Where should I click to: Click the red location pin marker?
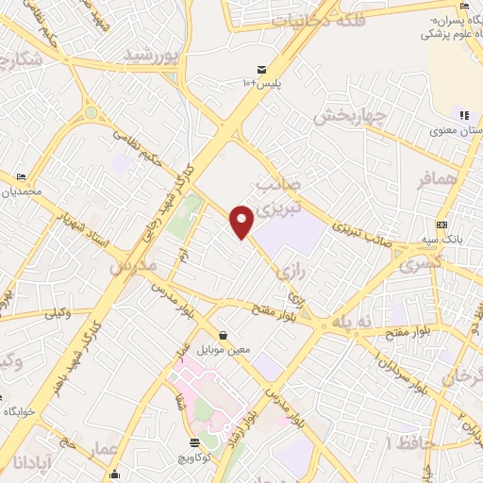[x=241, y=221]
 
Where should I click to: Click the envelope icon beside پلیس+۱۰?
[x=261, y=71]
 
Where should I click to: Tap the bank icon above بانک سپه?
[x=441, y=225]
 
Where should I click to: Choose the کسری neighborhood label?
[x=420, y=265]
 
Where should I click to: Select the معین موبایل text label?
[x=224, y=349]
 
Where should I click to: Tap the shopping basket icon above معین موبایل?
[x=223, y=335]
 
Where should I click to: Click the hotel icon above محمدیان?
[x=21, y=176]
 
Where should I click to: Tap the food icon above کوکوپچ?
[x=194, y=441]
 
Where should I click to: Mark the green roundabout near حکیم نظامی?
[x=91, y=112]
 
